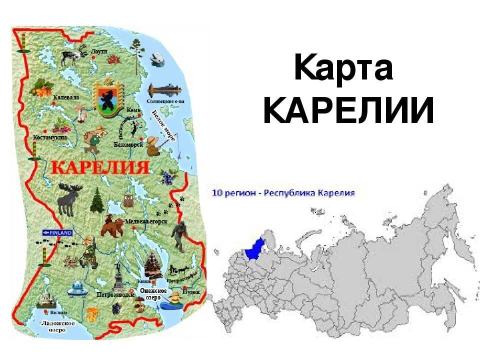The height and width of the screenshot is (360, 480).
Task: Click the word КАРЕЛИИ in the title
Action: pos(348,110)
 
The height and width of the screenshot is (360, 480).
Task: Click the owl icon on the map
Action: pos(128,199)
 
